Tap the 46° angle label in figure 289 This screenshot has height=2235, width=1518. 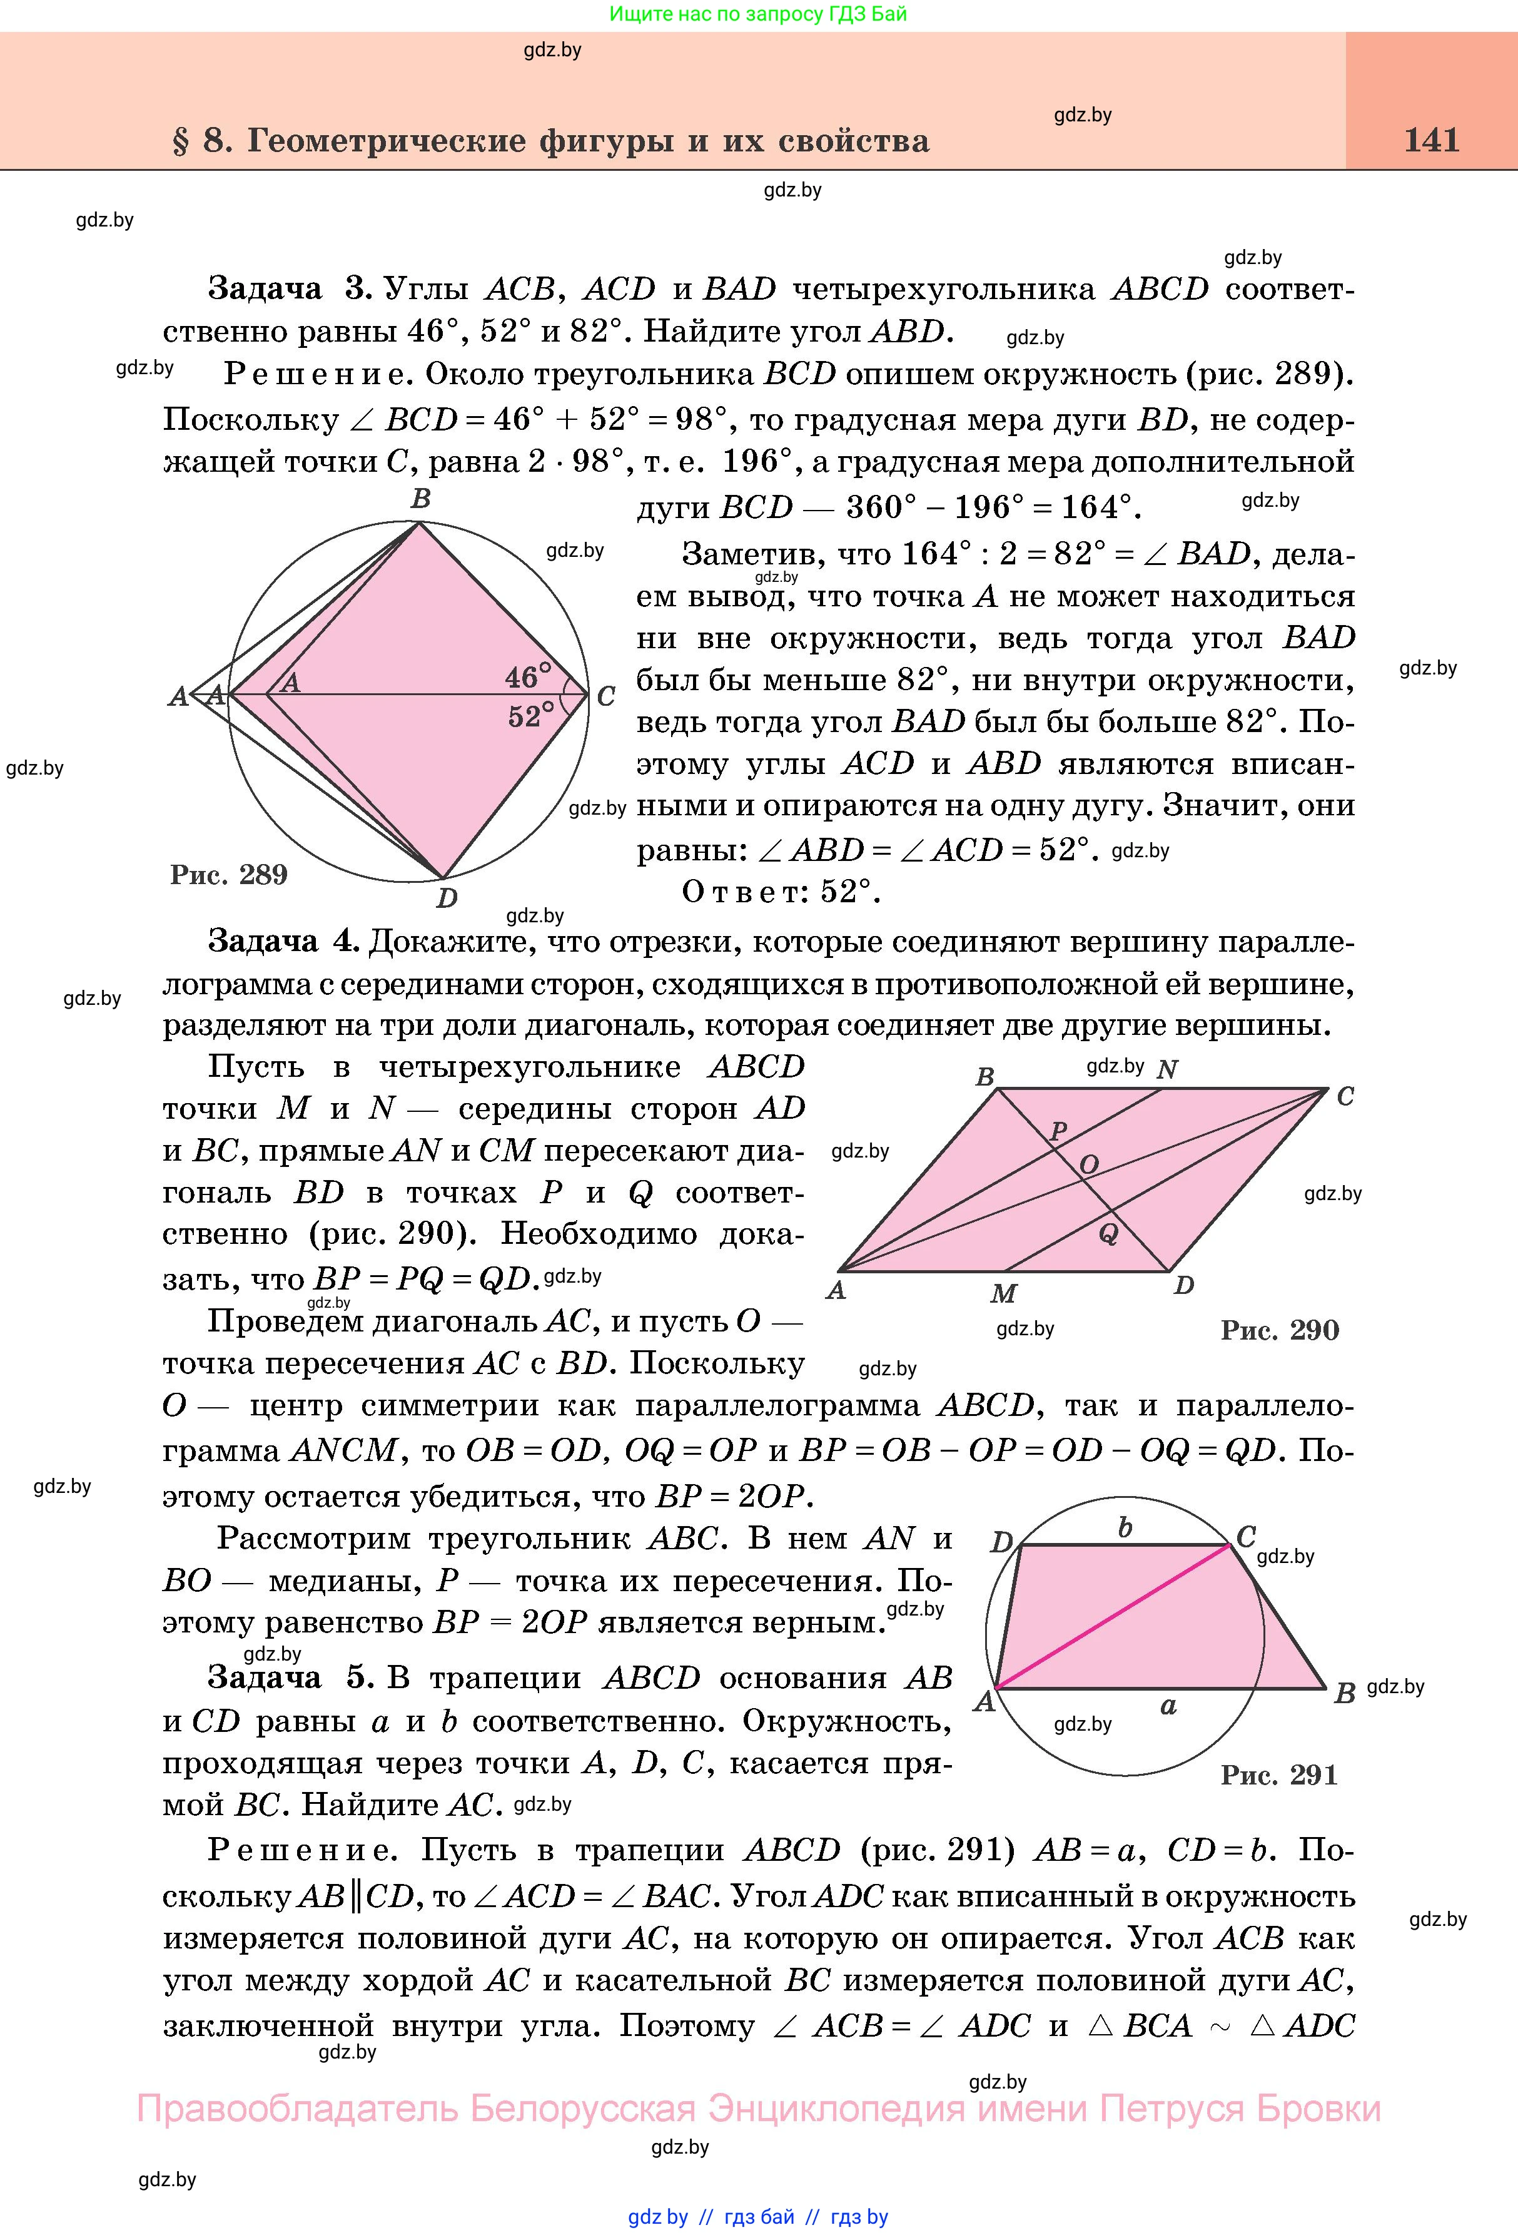point(528,676)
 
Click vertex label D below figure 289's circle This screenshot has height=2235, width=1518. point(446,899)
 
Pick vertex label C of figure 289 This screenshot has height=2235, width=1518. point(605,696)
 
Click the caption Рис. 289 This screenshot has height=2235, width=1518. point(229,874)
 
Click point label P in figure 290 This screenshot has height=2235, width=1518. point(1058,1131)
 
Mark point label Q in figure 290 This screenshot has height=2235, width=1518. point(1108,1234)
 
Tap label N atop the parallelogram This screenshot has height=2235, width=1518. point(1167,1069)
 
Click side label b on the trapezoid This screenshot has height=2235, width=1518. point(1125,1528)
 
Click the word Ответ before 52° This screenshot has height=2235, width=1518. point(744,892)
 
